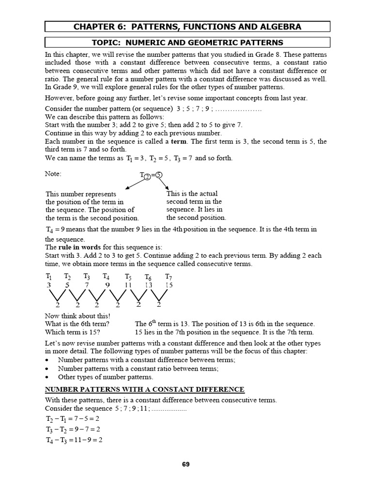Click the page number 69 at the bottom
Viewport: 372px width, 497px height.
tap(186, 464)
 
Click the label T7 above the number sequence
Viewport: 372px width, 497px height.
tap(169, 277)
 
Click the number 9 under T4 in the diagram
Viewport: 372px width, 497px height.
tap(107, 285)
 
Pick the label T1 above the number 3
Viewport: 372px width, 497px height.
tap(49, 277)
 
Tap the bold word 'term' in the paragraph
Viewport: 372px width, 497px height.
tap(178, 141)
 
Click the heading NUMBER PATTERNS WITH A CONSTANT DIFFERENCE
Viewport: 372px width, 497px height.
tap(144, 389)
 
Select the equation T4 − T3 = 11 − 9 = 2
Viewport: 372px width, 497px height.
tap(74, 440)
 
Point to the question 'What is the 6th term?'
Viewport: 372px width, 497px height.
tap(77, 324)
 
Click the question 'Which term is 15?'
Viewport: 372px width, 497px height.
tap(73, 332)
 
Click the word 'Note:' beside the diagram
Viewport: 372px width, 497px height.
tap(53, 173)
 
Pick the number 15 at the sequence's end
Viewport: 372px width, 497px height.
tap(169, 285)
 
